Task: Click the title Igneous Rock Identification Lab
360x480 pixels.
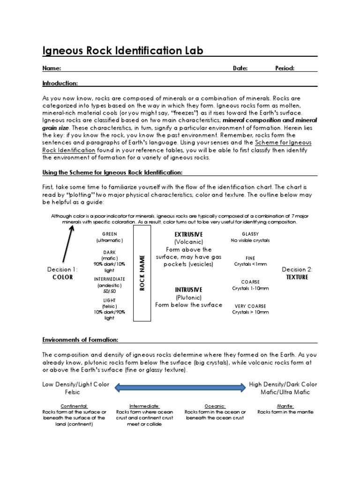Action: click(123, 50)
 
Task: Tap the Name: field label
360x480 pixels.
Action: click(52, 68)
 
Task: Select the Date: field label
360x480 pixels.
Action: click(240, 68)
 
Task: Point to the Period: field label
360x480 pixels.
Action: click(285, 68)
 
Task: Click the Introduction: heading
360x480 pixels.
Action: click(60, 83)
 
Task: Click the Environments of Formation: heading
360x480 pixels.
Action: click(80, 339)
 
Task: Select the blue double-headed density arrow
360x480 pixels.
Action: click(180, 387)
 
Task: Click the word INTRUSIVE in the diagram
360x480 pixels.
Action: click(188, 290)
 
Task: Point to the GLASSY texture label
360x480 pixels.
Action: click(250, 234)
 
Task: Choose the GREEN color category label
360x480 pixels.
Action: click(109, 234)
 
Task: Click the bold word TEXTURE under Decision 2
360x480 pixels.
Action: click(297, 277)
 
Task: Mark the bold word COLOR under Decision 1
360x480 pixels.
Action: click(62, 277)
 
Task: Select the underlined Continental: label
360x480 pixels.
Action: click(74, 406)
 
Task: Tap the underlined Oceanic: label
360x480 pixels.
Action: click(215, 406)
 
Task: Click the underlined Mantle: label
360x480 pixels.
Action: click(285, 406)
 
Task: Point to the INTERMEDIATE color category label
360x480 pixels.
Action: click(109, 279)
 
